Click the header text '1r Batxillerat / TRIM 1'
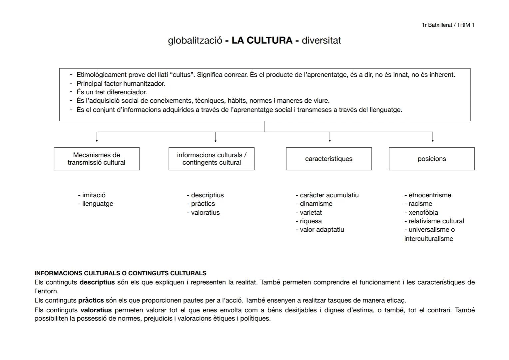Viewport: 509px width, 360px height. pyautogui.click(x=448, y=25)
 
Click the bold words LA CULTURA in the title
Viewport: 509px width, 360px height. pyautogui.click(x=262, y=40)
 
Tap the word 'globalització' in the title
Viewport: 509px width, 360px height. pyautogui.click(x=195, y=40)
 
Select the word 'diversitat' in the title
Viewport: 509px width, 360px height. pyautogui.click(x=321, y=40)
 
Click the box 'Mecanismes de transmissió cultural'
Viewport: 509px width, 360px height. pyautogui.click(x=97, y=159)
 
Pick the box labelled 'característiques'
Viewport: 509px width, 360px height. pyautogui.click(x=328, y=159)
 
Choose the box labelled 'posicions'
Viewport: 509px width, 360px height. pyautogui.click(x=431, y=159)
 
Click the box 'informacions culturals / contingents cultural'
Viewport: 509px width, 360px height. pyautogui.click(x=212, y=159)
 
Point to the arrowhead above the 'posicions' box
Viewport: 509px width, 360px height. pyautogui.click(x=433, y=141)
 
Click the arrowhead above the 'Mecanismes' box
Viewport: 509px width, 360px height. pyautogui.click(x=97, y=141)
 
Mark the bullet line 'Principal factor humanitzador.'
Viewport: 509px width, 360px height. pyautogui.click(x=121, y=84)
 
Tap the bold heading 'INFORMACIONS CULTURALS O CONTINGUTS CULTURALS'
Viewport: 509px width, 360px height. pyautogui.click(x=120, y=273)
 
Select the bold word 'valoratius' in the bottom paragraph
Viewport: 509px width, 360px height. pyautogui.click(x=96, y=310)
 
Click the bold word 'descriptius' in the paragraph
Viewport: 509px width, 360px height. pyautogui.click(x=97, y=282)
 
